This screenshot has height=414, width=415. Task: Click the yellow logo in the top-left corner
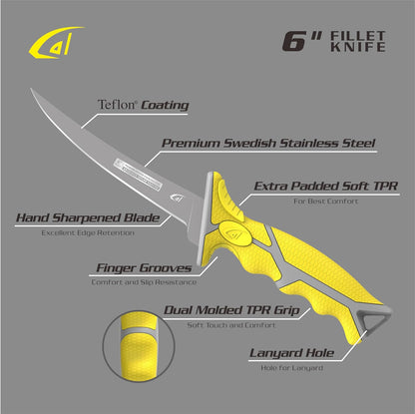point(55,43)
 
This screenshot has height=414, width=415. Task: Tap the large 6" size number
point(301,42)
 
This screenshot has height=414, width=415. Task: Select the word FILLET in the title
point(358,36)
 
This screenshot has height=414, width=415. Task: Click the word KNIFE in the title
point(358,47)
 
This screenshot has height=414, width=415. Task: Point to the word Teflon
point(117,105)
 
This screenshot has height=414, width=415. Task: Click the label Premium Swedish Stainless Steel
point(268,144)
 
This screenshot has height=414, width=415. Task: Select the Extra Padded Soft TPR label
point(326,187)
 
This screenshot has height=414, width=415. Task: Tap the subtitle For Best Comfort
point(326,202)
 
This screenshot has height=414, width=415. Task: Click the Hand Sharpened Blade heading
point(88,217)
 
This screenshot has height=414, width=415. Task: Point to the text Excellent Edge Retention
point(88,232)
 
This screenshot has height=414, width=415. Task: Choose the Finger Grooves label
point(144,268)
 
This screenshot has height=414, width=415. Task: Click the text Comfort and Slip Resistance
point(144,282)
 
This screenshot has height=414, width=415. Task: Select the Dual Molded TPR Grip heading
point(231,310)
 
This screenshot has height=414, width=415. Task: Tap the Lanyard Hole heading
point(291,353)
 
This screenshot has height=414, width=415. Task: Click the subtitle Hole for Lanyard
point(291,368)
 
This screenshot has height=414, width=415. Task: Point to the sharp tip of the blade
point(31,89)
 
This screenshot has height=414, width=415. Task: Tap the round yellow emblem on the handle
point(234,233)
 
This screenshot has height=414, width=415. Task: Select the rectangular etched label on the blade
point(138,175)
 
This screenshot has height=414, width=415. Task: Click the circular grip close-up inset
point(139,346)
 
